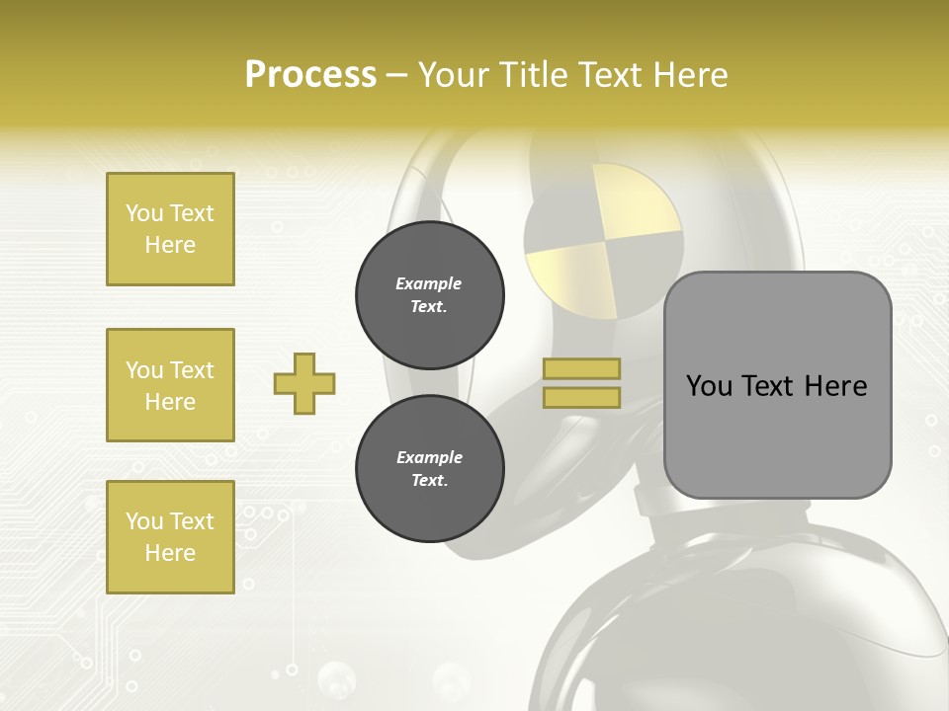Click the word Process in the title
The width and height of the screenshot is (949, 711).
coord(310,75)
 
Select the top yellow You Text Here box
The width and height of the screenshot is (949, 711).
coord(170,229)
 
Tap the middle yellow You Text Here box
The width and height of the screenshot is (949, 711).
coord(170,385)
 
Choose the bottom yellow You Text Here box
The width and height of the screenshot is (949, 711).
coord(170,537)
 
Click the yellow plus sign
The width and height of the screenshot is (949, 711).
coord(304,383)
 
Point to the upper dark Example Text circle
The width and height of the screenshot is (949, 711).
coord(430,295)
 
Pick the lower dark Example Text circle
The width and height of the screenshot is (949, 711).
coord(430,469)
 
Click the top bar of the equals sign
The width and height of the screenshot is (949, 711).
coord(582,368)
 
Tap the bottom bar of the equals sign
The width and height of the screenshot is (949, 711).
coord(582,398)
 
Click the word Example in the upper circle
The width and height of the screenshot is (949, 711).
coord(429,283)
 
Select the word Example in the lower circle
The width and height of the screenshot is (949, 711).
coord(429,457)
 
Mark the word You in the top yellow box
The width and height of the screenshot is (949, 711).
coord(144,213)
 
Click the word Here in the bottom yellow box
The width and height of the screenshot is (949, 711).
coord(170,553)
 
